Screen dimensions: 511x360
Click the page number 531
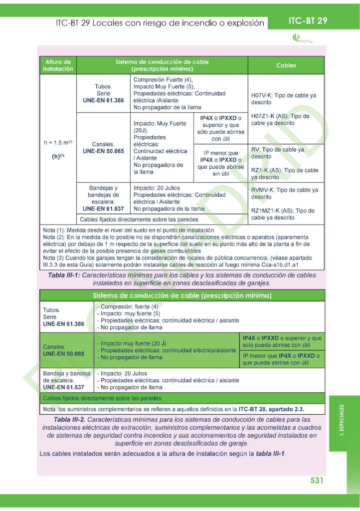click(317, 480)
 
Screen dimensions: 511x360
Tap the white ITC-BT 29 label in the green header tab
click(308, 20)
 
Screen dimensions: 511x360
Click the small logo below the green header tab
click(301, 38)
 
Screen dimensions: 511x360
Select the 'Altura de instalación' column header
click(58, 65)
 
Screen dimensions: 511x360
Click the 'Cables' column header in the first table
click(286, 65)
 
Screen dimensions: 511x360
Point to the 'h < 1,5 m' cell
click(58, 143)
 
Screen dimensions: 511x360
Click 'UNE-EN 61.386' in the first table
click(103, 100)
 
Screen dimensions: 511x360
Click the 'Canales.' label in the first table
click(103, 144)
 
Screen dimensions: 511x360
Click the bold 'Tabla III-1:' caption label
click(64, 275)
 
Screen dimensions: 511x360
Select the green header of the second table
click(182, 295)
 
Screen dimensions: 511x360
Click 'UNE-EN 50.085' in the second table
click(63, 353)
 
